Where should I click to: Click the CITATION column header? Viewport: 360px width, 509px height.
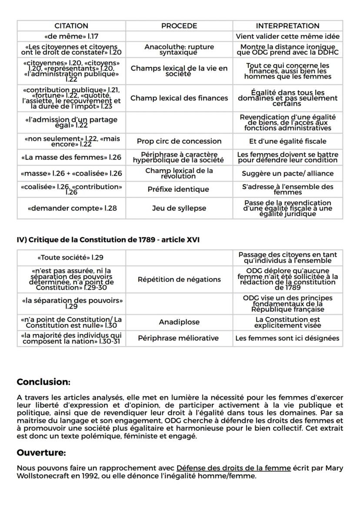71,26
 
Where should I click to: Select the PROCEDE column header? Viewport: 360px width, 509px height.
179,26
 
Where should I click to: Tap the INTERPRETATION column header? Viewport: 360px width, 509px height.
287,26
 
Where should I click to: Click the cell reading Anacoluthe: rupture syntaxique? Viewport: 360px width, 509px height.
179,49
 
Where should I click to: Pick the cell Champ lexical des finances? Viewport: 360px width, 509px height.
179,98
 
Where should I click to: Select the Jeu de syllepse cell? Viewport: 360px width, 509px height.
179,208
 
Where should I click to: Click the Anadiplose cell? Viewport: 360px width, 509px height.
179,322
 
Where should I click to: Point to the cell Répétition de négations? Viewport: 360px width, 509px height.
179,279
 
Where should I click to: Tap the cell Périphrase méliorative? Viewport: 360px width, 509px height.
179,338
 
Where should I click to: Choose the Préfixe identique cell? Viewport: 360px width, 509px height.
179,189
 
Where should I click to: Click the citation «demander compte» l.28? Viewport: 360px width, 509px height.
72,208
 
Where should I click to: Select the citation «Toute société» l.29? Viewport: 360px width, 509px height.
72,257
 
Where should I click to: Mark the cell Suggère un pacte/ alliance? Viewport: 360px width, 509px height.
287,173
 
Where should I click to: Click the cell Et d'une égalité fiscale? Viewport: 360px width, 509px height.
287,141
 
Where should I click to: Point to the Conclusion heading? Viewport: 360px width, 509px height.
43,382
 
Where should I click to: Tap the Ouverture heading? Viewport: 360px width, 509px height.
41,453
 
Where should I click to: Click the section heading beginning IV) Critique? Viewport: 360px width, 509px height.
108,240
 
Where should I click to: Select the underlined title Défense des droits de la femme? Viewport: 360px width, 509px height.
233,468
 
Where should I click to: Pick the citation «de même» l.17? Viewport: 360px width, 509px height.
72,37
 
